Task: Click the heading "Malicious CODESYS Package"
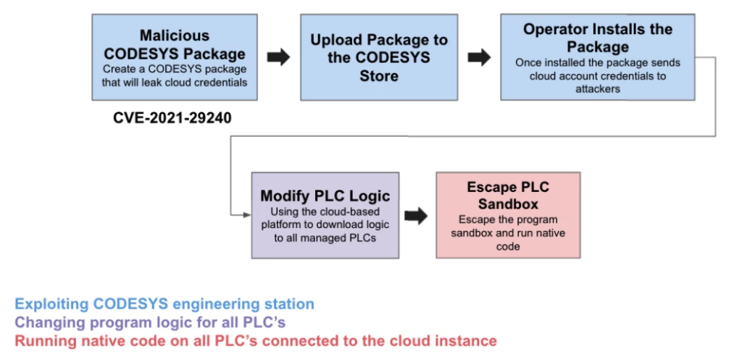175,45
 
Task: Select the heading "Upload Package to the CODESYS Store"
379,57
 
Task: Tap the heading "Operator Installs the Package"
598,38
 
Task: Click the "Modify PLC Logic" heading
325,196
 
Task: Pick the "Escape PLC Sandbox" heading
507,196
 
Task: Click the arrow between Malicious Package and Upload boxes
278,58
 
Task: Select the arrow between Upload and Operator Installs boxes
478,58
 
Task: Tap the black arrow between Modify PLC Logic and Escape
416,215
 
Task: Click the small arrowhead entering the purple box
246,214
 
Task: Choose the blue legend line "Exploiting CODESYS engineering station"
164,304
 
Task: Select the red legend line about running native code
256,340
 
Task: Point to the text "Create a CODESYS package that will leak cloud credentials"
175,75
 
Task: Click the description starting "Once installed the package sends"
598,75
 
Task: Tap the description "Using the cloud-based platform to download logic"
325,224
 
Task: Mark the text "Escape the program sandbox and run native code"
507,233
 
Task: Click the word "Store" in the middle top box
379,75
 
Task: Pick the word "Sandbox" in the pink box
507,204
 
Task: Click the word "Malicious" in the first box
175,35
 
